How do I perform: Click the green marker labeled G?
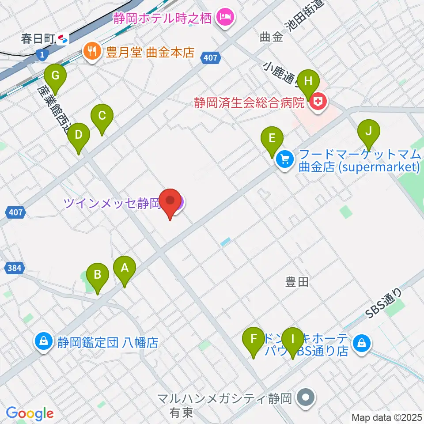(55, 76)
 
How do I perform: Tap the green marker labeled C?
(102, 117)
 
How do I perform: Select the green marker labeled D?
(79, 135)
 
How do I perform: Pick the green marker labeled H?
(308, 82)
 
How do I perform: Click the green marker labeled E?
(272, 139)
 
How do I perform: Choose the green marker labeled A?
(125, 268)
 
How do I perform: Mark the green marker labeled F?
(254, 340)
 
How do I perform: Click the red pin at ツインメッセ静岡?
(170, 201)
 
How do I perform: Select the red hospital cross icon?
(317, 103)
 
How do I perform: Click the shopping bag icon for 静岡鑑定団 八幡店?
(44, 341)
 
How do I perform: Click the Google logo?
(30, 413)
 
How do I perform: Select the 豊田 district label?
(297, 282)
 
